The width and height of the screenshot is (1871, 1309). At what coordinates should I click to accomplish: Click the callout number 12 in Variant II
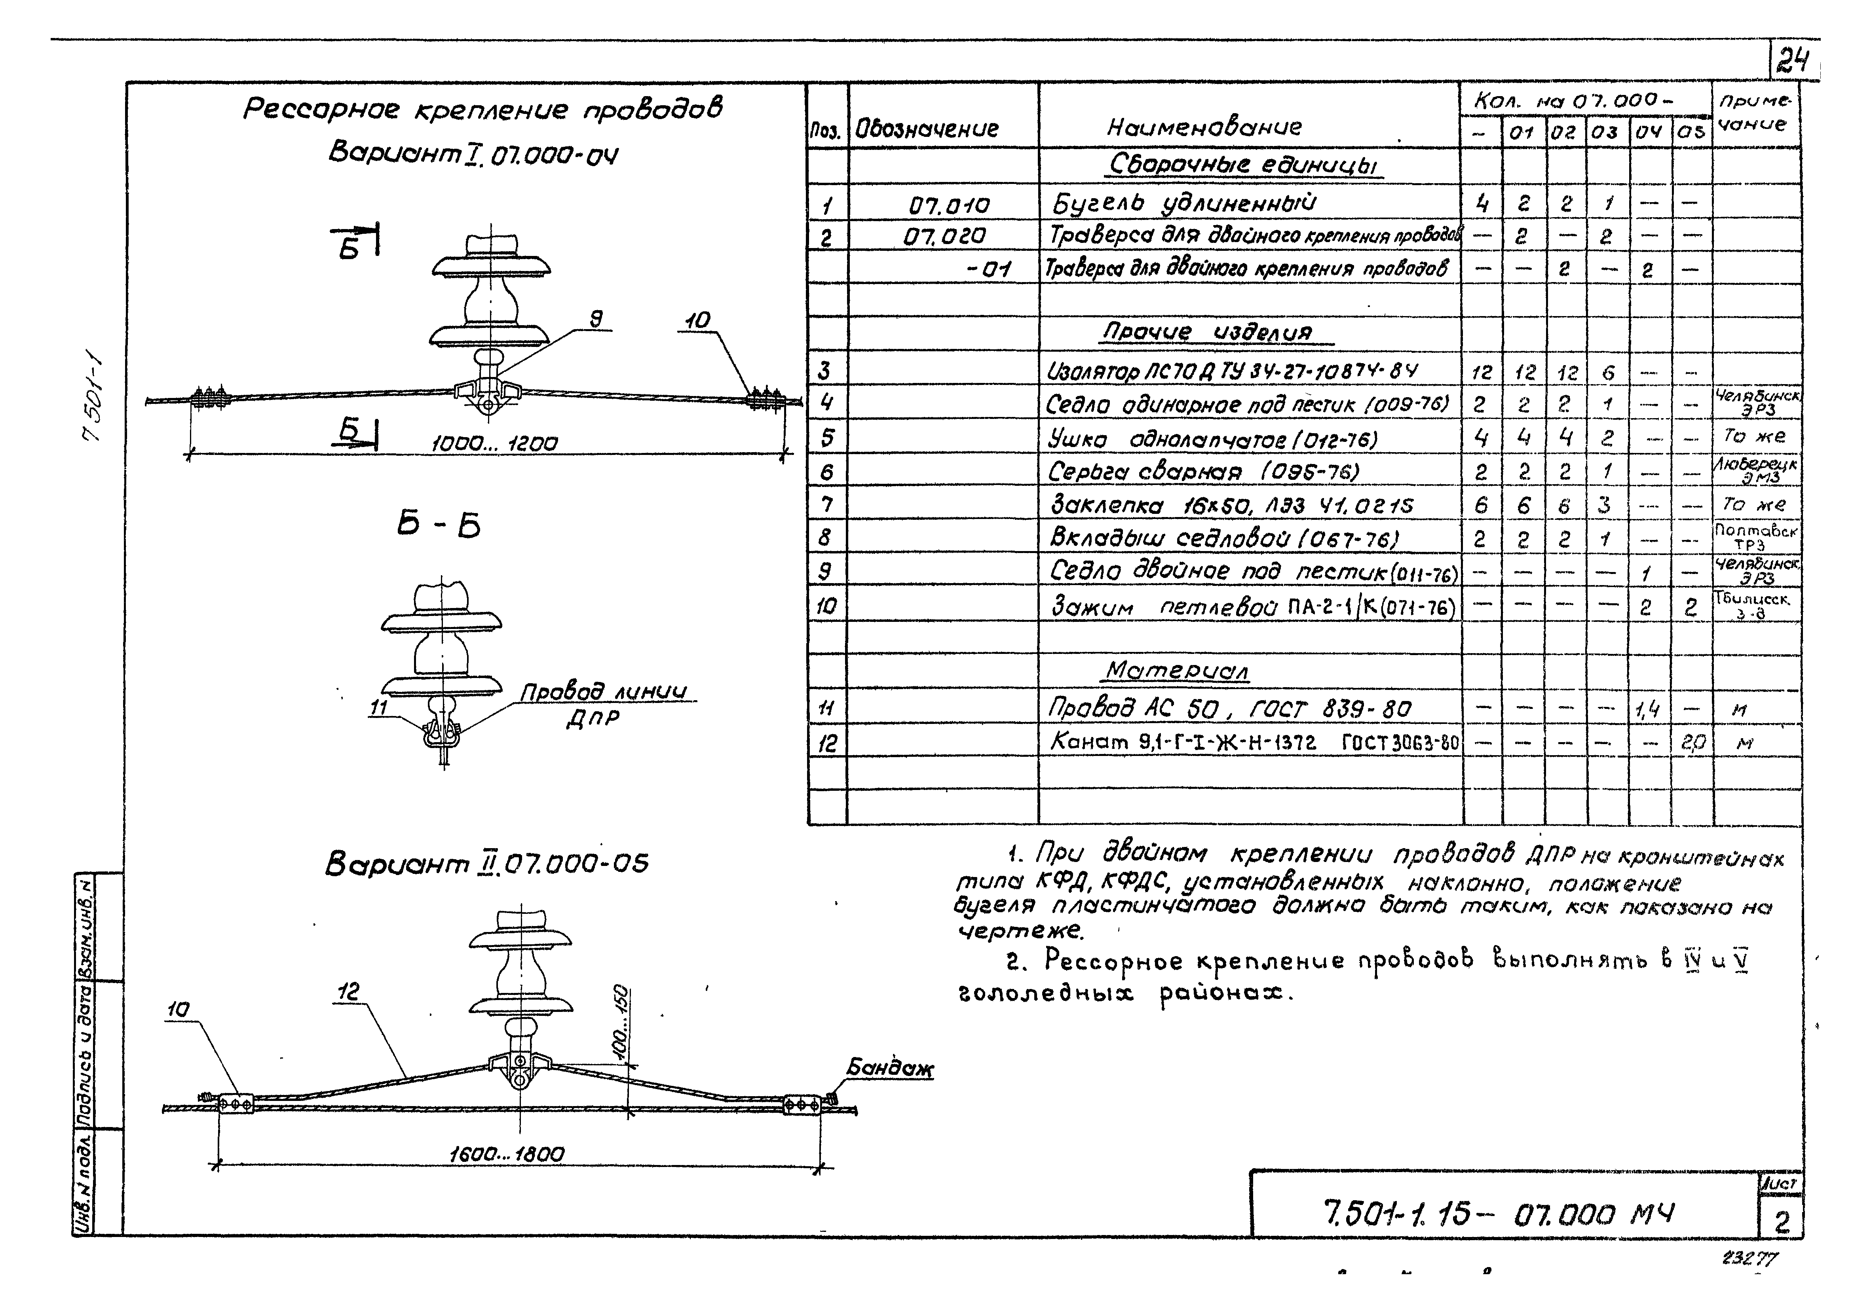pyautogui.click(x=348, y=991)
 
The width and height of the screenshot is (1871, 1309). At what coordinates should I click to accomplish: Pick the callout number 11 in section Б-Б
pyautogui.click(x=378, y=708)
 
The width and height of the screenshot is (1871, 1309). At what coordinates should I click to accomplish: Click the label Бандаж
pyautogui.click(x=890, y=1068)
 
